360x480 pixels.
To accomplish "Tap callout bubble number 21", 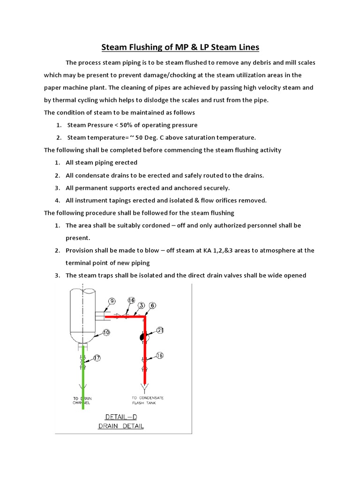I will (x=160, y=330).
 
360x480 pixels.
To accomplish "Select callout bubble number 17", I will (x=97, y=359).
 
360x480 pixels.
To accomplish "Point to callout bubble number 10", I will (x=106, y=332).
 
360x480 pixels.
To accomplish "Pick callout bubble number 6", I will (x=152, y=305).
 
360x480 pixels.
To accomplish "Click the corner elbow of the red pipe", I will (x=145, y=317).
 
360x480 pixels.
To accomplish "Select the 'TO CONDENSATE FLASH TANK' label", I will (x=148, y=400).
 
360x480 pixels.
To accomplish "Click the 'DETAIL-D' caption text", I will (x=118, y=417).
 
